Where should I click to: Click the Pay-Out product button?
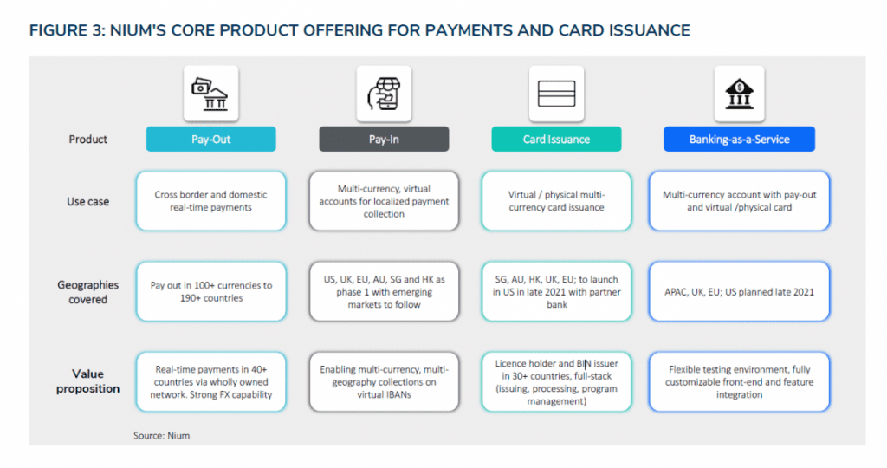pos(211,140)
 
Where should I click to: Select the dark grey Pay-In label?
pos(384,140)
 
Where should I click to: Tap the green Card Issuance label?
pos(556,140)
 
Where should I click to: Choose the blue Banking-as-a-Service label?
pos(740,140)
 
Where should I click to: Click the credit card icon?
pos(557,94)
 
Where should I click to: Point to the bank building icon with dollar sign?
pos(740,94)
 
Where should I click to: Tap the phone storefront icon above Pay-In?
pos(384,94)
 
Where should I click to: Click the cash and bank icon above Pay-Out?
pos(210,94)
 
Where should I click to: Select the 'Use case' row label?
pos(87,201)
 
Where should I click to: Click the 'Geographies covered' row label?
pos(87,292)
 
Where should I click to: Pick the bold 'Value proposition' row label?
pos(87,380)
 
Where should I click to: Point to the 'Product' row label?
pos(87,140)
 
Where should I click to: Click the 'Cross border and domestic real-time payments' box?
pos(211,201)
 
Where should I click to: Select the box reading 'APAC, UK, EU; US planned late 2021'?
pos(740,291)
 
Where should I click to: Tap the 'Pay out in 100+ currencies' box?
pos(211,291)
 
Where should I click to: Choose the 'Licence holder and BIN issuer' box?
pos(556,382)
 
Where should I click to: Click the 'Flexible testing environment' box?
pos(740,382)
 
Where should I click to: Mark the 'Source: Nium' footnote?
pos(162,436)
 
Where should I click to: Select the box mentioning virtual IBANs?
pos(384,382)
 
